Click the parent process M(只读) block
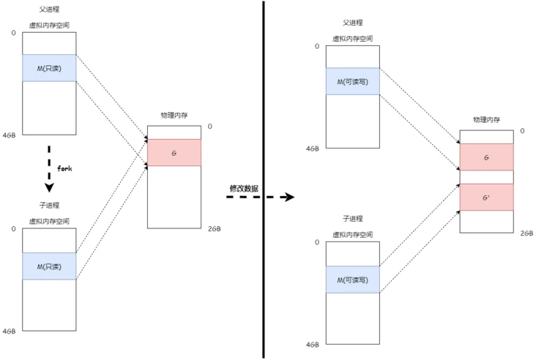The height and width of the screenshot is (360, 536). coord(50,68)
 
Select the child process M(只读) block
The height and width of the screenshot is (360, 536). coord(50,266)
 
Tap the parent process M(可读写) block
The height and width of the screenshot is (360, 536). coord(353,82)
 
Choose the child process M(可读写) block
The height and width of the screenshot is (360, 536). coord(353,280)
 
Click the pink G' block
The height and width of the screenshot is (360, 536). coord(486,197)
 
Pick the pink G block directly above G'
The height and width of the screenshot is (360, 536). coord(486,157)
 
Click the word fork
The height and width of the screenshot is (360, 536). coord(64,168)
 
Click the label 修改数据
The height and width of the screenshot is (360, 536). coord(244,188)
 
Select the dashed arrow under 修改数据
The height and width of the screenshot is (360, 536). coord(260,198)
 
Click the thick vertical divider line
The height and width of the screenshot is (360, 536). coord(264,179)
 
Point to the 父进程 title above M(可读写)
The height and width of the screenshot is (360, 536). coord(353,24)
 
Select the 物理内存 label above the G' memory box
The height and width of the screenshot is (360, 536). coord(486,119)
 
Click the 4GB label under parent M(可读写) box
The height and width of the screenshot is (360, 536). coord(313,149)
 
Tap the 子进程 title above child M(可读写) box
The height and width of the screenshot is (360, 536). coord(353,219)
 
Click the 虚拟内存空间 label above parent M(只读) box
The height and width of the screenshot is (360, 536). coord(50,24)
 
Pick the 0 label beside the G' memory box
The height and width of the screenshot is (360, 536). coord(522,131)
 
